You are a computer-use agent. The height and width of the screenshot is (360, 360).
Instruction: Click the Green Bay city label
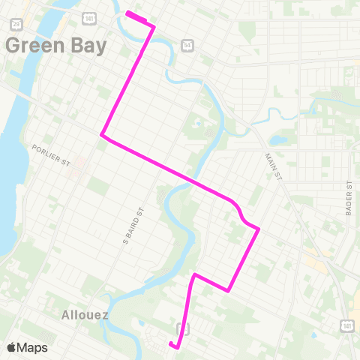pos(56,45)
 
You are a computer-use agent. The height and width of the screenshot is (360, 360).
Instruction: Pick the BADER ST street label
pos(349,199)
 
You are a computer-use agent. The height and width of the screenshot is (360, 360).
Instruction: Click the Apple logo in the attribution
pos(11,347)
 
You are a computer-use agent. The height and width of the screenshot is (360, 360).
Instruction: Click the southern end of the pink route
pos(172,344)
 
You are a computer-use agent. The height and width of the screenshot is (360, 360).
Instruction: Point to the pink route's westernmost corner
pos(102,136)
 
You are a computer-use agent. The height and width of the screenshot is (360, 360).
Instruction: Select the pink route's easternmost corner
pos(259,229)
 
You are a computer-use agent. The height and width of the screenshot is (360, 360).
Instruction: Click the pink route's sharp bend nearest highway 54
pos(154,27)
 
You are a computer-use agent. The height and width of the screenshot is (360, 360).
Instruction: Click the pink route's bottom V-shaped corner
pos(227,290)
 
